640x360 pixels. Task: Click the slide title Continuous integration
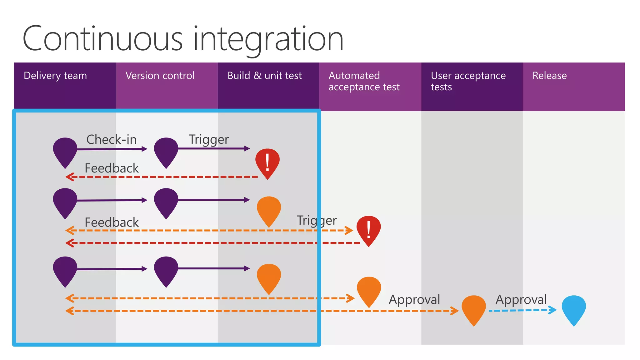tap(183, 39)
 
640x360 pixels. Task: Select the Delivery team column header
tap(55, 76)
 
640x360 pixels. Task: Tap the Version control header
tap(160, 76)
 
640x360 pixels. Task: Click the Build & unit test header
tap(264, 76)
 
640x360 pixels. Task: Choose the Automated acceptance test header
tap(364, 81)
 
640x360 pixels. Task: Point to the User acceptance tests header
tap(468, 81)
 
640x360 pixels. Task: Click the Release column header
tap(549, 76)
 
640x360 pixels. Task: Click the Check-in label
tap(112, 140)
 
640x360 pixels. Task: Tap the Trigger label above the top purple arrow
tap(209, 140)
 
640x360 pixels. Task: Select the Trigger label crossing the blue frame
tap(317, 221)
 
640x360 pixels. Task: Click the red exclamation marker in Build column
tap(267, 162)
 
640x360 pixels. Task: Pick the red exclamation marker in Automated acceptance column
tap(369, 229)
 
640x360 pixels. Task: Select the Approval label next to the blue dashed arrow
tap(521, 299)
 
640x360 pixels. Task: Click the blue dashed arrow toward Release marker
tap(522, 310)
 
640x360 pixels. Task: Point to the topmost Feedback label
tap(112, 168)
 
